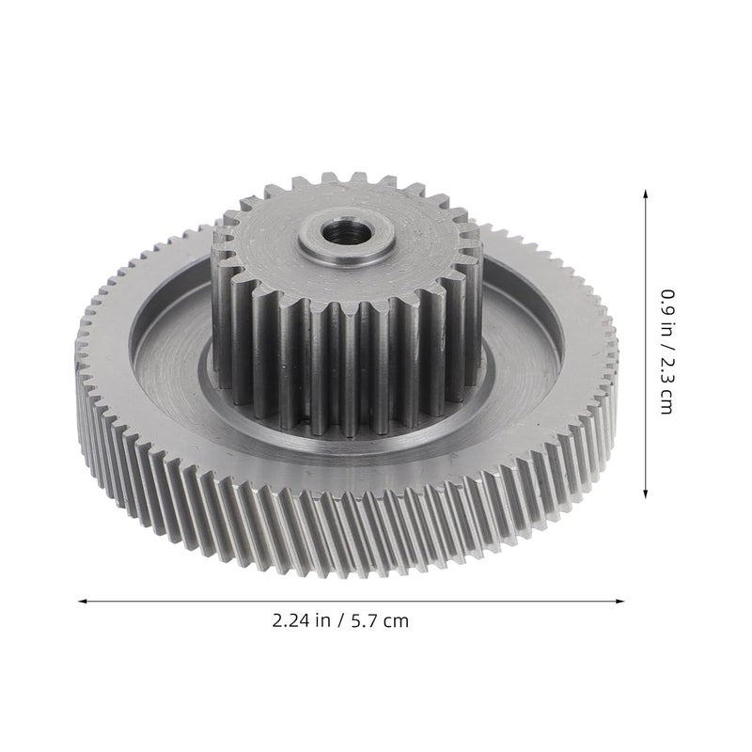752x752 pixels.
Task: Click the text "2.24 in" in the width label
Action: (x=301, y=620)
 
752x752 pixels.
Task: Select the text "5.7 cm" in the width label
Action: (x=380, y=621)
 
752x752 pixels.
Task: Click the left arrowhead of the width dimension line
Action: (x=83, y=601)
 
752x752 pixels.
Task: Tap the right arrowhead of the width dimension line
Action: (x=620, y=601)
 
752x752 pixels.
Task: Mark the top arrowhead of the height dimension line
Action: (x=645, y=194)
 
